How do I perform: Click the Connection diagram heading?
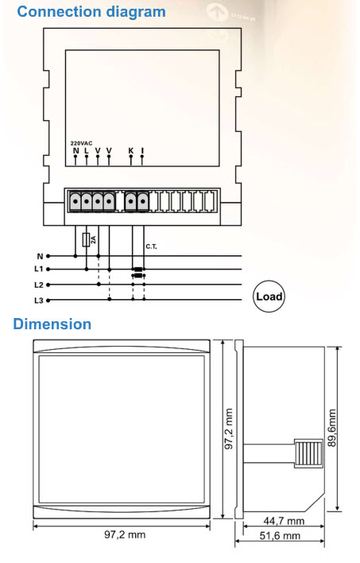tap(91, 12)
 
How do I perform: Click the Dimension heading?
tap(52, 324)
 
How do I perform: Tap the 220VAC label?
tap(81, 143)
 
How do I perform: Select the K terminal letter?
tap(130, 150)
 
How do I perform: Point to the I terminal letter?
tap(142, 150)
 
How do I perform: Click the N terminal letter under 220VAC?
tap(75, 150)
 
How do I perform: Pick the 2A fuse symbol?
tap(86, 240)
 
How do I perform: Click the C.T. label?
tap(151, 247)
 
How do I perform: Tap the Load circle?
tap(269, 297)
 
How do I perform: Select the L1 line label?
tap(39, 269)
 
